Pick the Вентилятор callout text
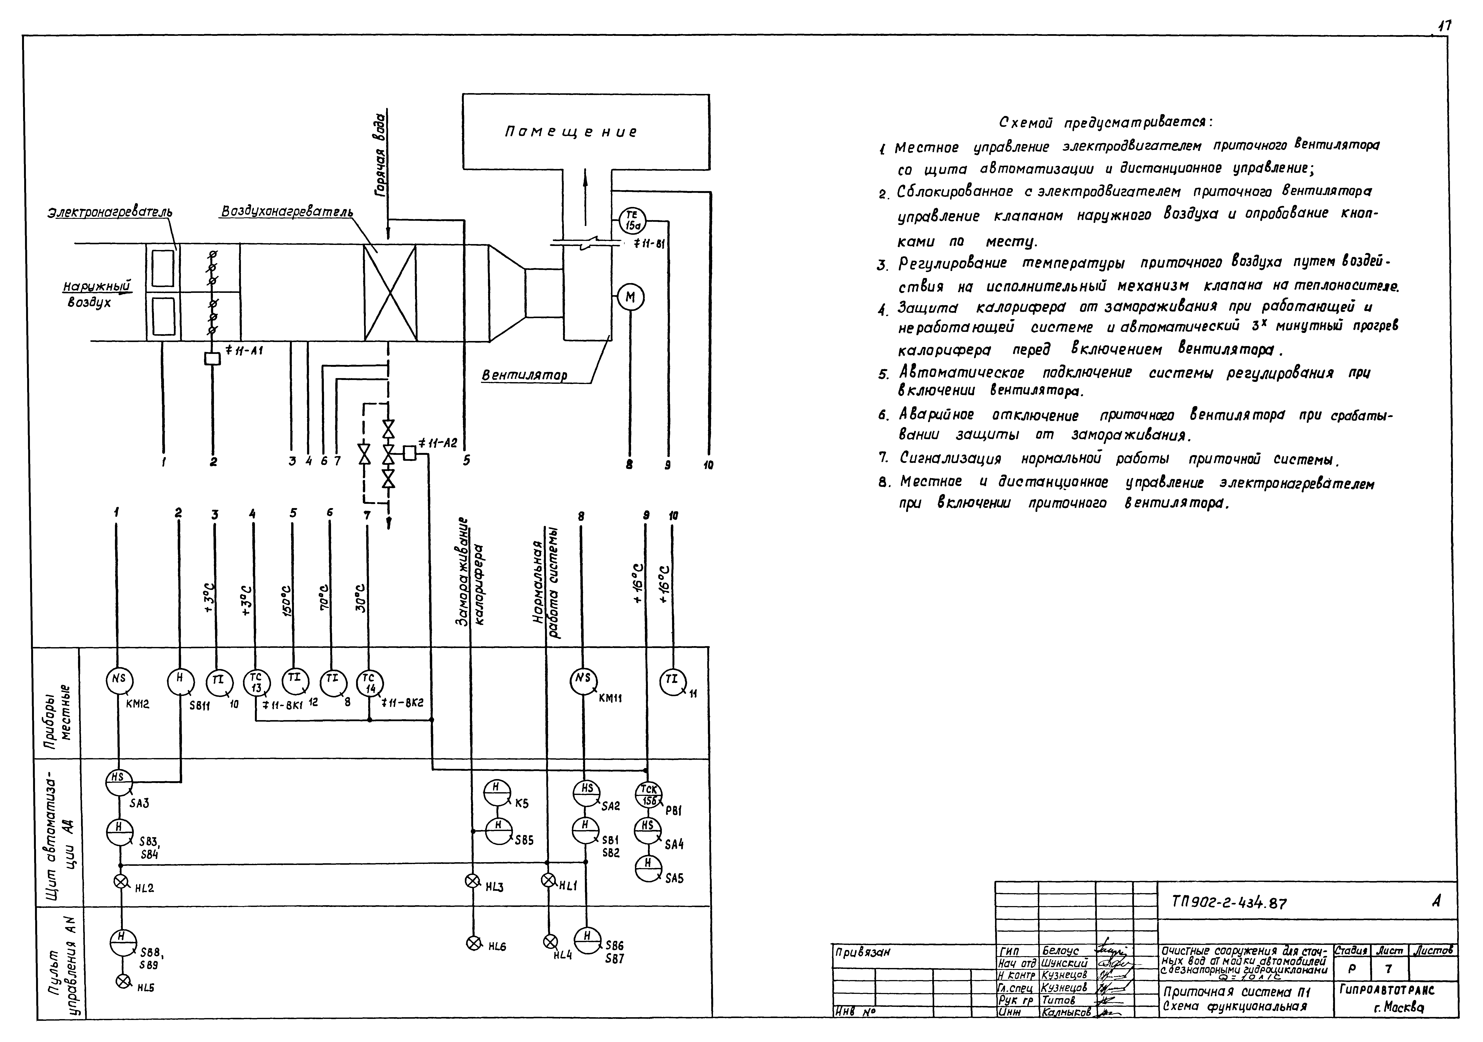click(x=524, y=375)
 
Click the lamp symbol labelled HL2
click(x=120, y=881)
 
